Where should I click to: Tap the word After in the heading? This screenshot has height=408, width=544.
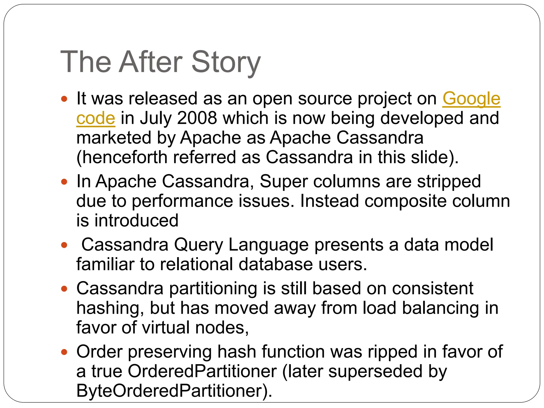pos(151,62)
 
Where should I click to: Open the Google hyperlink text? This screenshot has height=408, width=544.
pos(471,99)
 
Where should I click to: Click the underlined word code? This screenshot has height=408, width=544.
pos(96,118)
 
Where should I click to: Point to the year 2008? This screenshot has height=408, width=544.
pos(197,118)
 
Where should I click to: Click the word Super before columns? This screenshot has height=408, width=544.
pos(283,182)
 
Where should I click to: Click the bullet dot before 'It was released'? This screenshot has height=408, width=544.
pos(64,99)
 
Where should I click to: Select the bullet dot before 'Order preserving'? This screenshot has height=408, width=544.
pos(64,352)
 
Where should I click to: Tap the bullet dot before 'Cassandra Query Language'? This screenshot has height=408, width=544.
pos(64,245)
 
